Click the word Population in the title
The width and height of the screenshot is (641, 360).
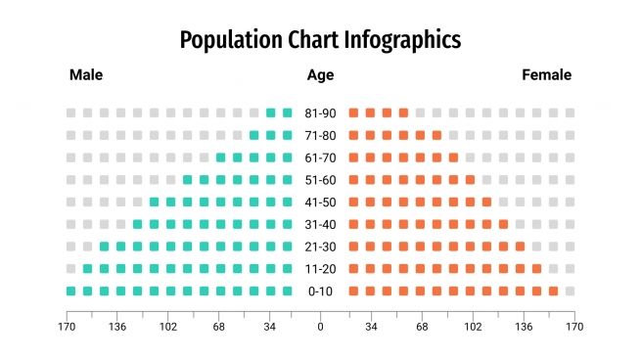pyautogui.click(x=225, y=40)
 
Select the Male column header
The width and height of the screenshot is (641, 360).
pyautogui.click(x=86, y=75)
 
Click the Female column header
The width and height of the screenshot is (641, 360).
pyautogui.click(x=547, y=75)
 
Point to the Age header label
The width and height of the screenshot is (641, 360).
pyautogui.click(x=320, y=75)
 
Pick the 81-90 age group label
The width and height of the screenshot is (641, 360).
pyautogui.click(x=320, y=113)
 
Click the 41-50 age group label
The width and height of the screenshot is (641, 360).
pyautogui.click(x=320, y=202)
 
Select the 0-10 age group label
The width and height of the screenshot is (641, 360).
pyautogui.click(x=320, y=292)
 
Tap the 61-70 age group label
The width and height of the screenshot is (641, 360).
pyautogui.click(x=320, y=157)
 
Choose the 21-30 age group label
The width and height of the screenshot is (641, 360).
pyautogui.click(x=320, y=247)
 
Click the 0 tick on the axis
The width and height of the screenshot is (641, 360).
pyautogui.click(x=320, y=328)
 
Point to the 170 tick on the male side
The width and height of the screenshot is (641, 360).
pyautogui.click(x=67, y=328)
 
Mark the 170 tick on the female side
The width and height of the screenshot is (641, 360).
pyautogui.click(x=574, y=328)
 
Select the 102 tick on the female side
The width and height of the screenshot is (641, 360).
pyautogui.click(x=473, y=328)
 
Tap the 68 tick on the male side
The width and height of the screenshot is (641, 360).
pyautogui.click(x=219, y=328)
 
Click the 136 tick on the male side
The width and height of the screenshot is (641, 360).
pyautogui.click(x=117, y=328)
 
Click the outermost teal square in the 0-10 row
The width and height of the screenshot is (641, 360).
pyautogui.click(x=70, y=291)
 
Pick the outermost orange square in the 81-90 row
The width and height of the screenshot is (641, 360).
pyautogui.click(x=403, y=113)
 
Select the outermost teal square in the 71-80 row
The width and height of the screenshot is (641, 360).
pyautogui.click(x=254, y=135)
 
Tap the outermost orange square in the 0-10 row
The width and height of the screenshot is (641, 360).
pyautogui.click(x=553, y=291)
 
